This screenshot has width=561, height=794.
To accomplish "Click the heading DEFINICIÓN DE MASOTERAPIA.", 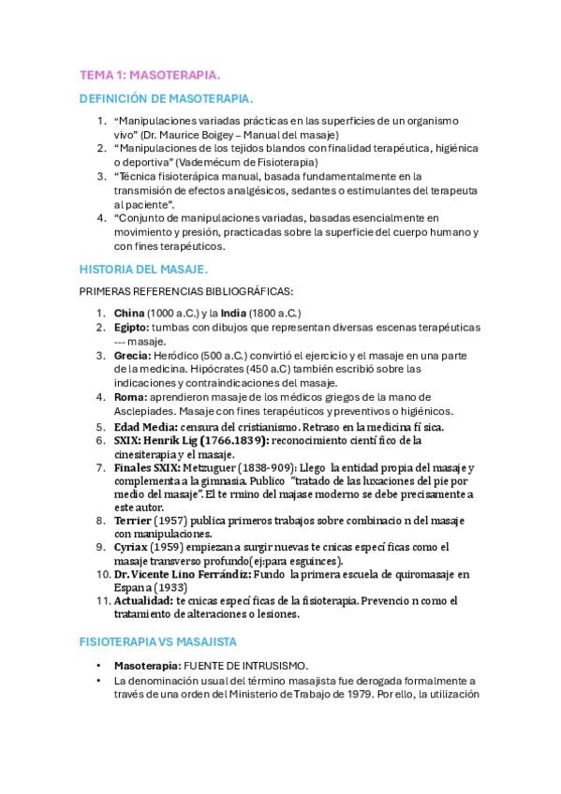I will pos(166,97).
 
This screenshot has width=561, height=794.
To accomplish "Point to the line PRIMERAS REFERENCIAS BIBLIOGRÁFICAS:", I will pos(187,291).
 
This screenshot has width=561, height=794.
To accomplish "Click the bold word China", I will pos(128,312).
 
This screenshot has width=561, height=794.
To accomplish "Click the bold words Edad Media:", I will pos(145,426).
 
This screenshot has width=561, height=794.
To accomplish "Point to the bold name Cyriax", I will pos(132,547).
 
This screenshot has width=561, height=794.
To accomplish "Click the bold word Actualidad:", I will pos(143,600).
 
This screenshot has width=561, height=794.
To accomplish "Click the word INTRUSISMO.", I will pos(261,665).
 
